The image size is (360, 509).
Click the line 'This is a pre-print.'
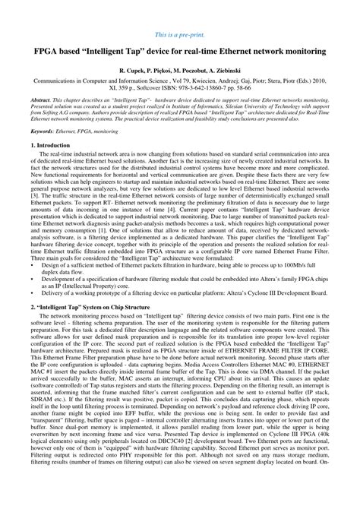[x=180, y=36]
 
